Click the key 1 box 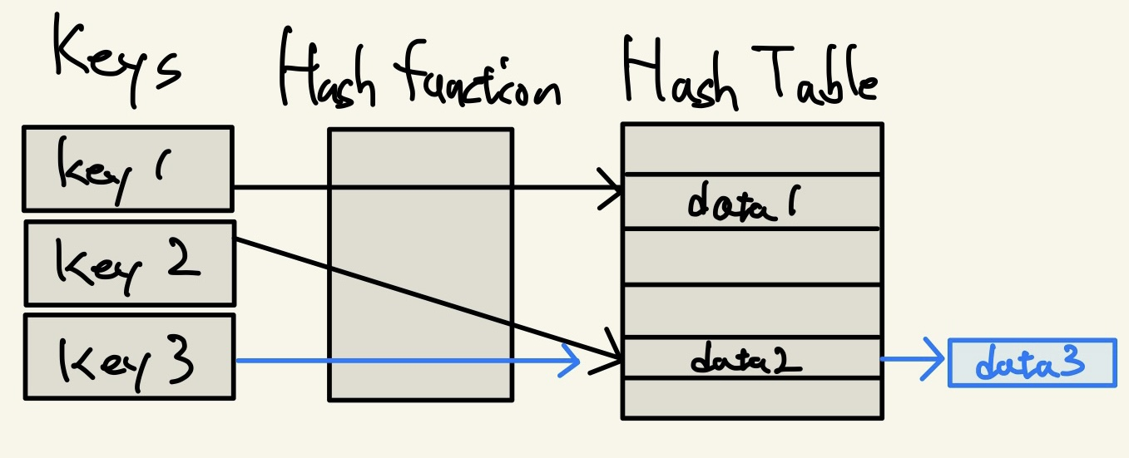127,168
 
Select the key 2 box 130,263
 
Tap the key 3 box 129,357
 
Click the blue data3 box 1032,362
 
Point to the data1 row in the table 751,201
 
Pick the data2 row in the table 751,358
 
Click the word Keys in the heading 116,58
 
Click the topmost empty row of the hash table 751,149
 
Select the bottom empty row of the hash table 751,397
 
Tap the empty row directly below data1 751,256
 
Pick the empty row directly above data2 751,310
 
